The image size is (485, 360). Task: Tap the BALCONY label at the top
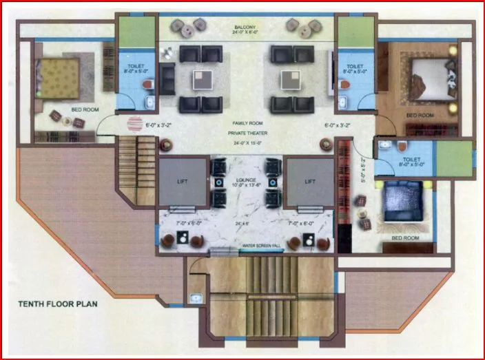(x=245, y=27)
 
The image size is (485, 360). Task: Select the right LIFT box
(x=310, y=182)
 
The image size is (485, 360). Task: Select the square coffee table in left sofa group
(x=202, y=81)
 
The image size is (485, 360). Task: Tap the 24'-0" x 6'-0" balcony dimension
(x=245, y=33)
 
